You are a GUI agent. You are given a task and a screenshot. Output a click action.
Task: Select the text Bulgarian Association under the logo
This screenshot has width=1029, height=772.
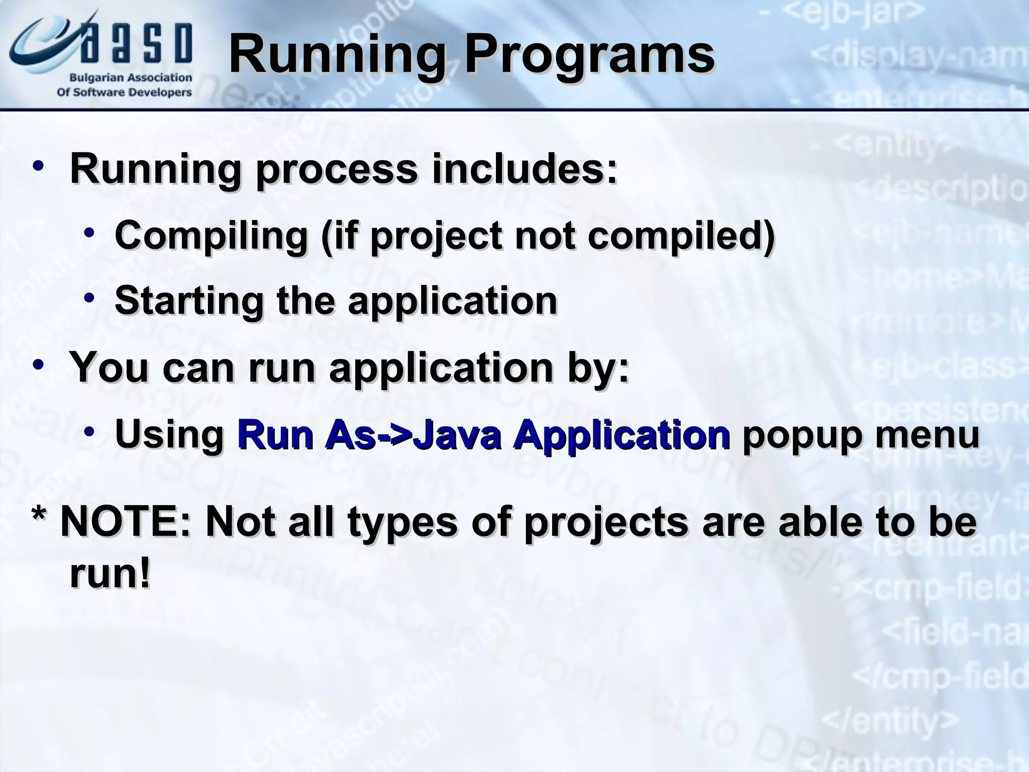point(131,78)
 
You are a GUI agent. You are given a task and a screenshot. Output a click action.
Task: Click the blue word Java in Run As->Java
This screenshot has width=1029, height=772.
point(458,434)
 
